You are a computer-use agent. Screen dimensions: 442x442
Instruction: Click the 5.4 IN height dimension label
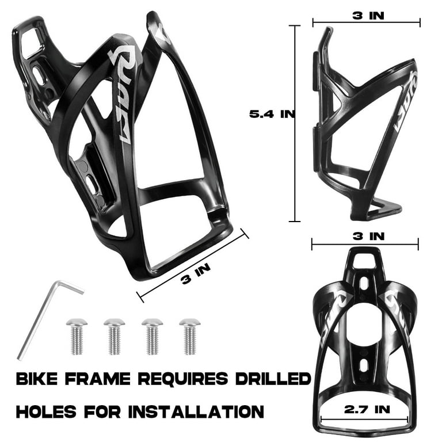click(272, 114)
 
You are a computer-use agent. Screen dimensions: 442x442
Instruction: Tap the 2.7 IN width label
click(367, 409)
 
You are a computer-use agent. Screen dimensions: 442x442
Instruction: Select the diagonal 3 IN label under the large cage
click(196, 273)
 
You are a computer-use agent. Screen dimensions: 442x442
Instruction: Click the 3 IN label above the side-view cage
click(368, 16)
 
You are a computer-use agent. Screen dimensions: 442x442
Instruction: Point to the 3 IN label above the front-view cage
click(368, 236)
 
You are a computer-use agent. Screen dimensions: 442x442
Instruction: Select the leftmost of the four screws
click(77, 336)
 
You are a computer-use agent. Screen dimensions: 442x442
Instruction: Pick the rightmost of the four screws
click(190, 336)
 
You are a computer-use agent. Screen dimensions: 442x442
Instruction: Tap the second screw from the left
click(115, 336)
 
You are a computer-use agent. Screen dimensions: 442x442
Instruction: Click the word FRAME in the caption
click(97, 379)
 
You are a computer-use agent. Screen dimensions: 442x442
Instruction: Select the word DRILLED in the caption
click(273, 379)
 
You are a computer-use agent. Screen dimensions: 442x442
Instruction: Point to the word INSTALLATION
click(196, 412)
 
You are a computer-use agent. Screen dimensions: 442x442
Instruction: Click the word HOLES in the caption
click(46, 412)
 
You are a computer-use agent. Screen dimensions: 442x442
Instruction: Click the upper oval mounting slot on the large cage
click(39, 75)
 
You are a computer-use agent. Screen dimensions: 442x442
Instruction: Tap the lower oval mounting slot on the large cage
click(93, 184)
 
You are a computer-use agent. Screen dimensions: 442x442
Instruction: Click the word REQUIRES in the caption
click(183, 379)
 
